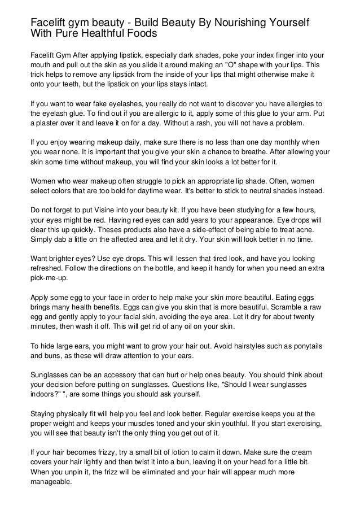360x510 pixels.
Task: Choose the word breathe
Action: pos(248,152)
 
